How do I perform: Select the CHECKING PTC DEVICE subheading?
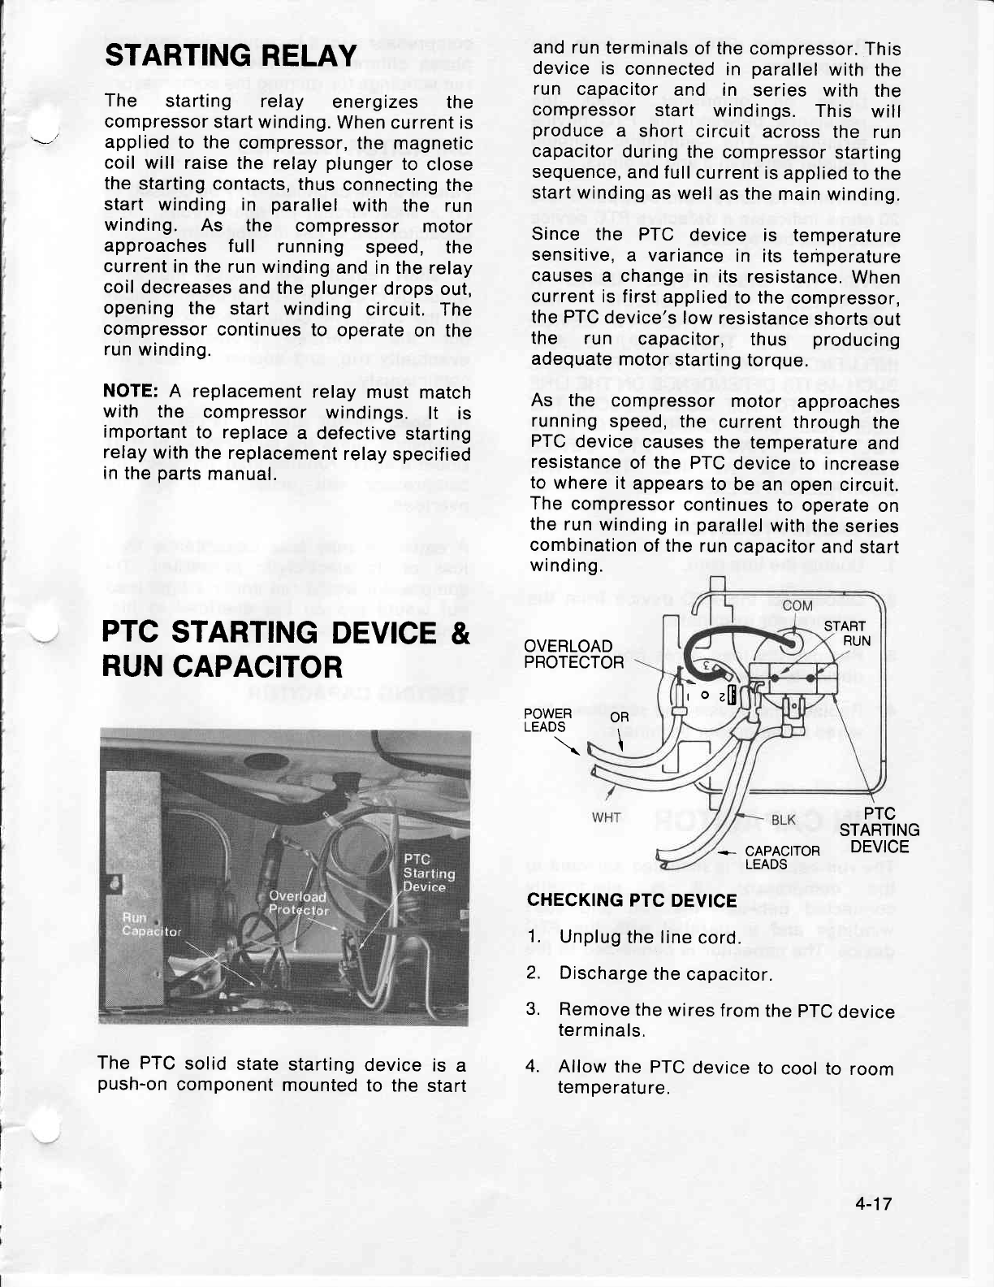tap(633, 900)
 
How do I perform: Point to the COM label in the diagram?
tap(797, 605)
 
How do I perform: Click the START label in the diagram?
tap(845, 626)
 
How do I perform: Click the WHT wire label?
tap(607, 817)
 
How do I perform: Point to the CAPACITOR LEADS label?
tap(783, 857)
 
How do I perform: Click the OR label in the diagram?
tap(620, 717)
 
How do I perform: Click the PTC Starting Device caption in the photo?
tap(430, 873)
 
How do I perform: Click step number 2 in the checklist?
tap(533, 973)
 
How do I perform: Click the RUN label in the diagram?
tap(857, 640)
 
